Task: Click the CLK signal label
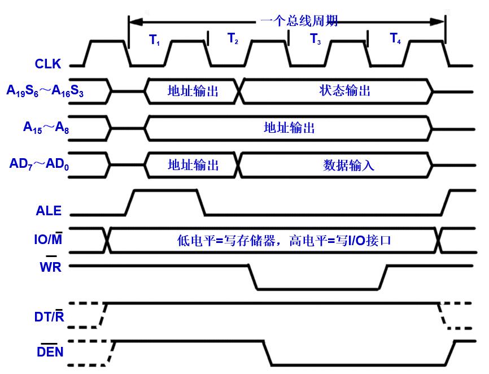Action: tap(47, 64)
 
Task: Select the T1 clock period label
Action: tap(155, 40)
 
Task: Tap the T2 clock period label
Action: tap(233, 38)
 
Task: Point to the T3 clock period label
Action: tap(315, 40)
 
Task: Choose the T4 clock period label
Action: tap(395, 38)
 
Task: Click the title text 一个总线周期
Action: tap(299, 21)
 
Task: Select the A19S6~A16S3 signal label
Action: tap(45, 90)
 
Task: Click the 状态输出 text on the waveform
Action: tap(345, 90)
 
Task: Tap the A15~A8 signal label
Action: tap(46, 128)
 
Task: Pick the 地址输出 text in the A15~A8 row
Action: tap(289, 128)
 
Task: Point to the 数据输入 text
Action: tap(348, 165)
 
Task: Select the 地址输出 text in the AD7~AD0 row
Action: tap(193, 165)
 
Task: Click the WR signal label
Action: tap(50, 267)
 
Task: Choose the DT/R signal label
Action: tap(49, 317)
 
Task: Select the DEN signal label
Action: tap(50, 353)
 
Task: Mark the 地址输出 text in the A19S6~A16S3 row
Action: tap(193, 90)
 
